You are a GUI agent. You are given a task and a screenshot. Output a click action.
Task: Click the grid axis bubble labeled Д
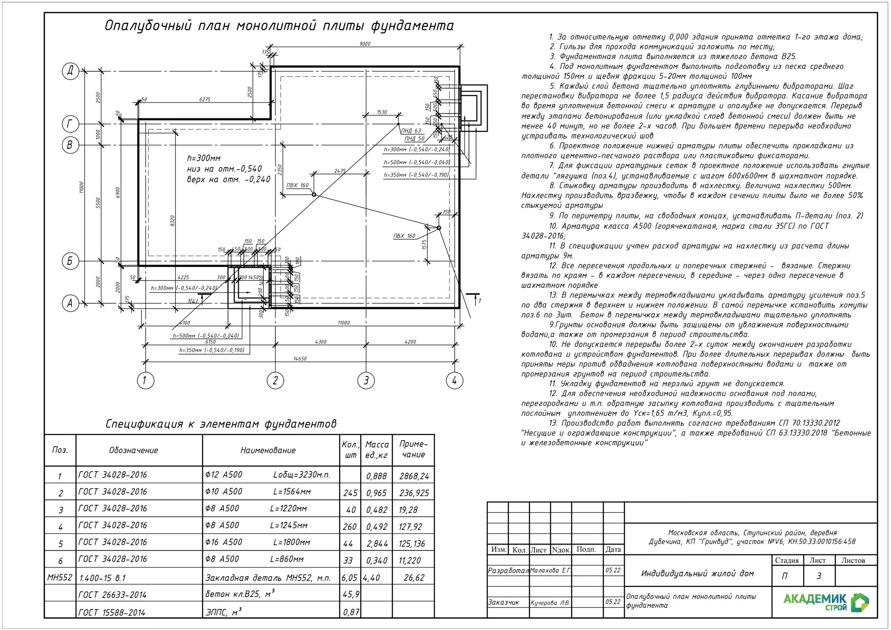70,71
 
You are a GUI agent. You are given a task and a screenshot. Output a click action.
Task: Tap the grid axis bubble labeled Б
70,261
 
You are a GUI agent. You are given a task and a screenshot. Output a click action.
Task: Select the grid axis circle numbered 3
365,380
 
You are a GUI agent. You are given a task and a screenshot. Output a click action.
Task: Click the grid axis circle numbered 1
145,380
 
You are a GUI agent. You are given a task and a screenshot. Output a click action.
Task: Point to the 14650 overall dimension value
300,359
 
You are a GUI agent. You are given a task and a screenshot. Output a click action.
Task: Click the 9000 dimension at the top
365,44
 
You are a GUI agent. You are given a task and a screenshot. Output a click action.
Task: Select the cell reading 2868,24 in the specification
414,476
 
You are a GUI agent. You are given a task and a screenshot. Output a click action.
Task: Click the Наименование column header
268,450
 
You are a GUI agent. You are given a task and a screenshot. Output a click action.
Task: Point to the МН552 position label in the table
60,577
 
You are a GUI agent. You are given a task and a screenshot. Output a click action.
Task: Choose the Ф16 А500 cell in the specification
223,542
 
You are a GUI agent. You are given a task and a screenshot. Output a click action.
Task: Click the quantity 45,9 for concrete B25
351,594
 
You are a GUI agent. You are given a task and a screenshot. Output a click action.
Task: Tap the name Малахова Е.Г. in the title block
550,570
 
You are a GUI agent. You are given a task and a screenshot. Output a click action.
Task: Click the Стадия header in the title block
787,560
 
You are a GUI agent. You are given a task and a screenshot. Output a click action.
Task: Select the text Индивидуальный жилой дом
697,573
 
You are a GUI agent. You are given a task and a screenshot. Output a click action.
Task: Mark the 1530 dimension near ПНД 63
382,112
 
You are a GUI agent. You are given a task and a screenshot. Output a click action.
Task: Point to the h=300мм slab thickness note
204,158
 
